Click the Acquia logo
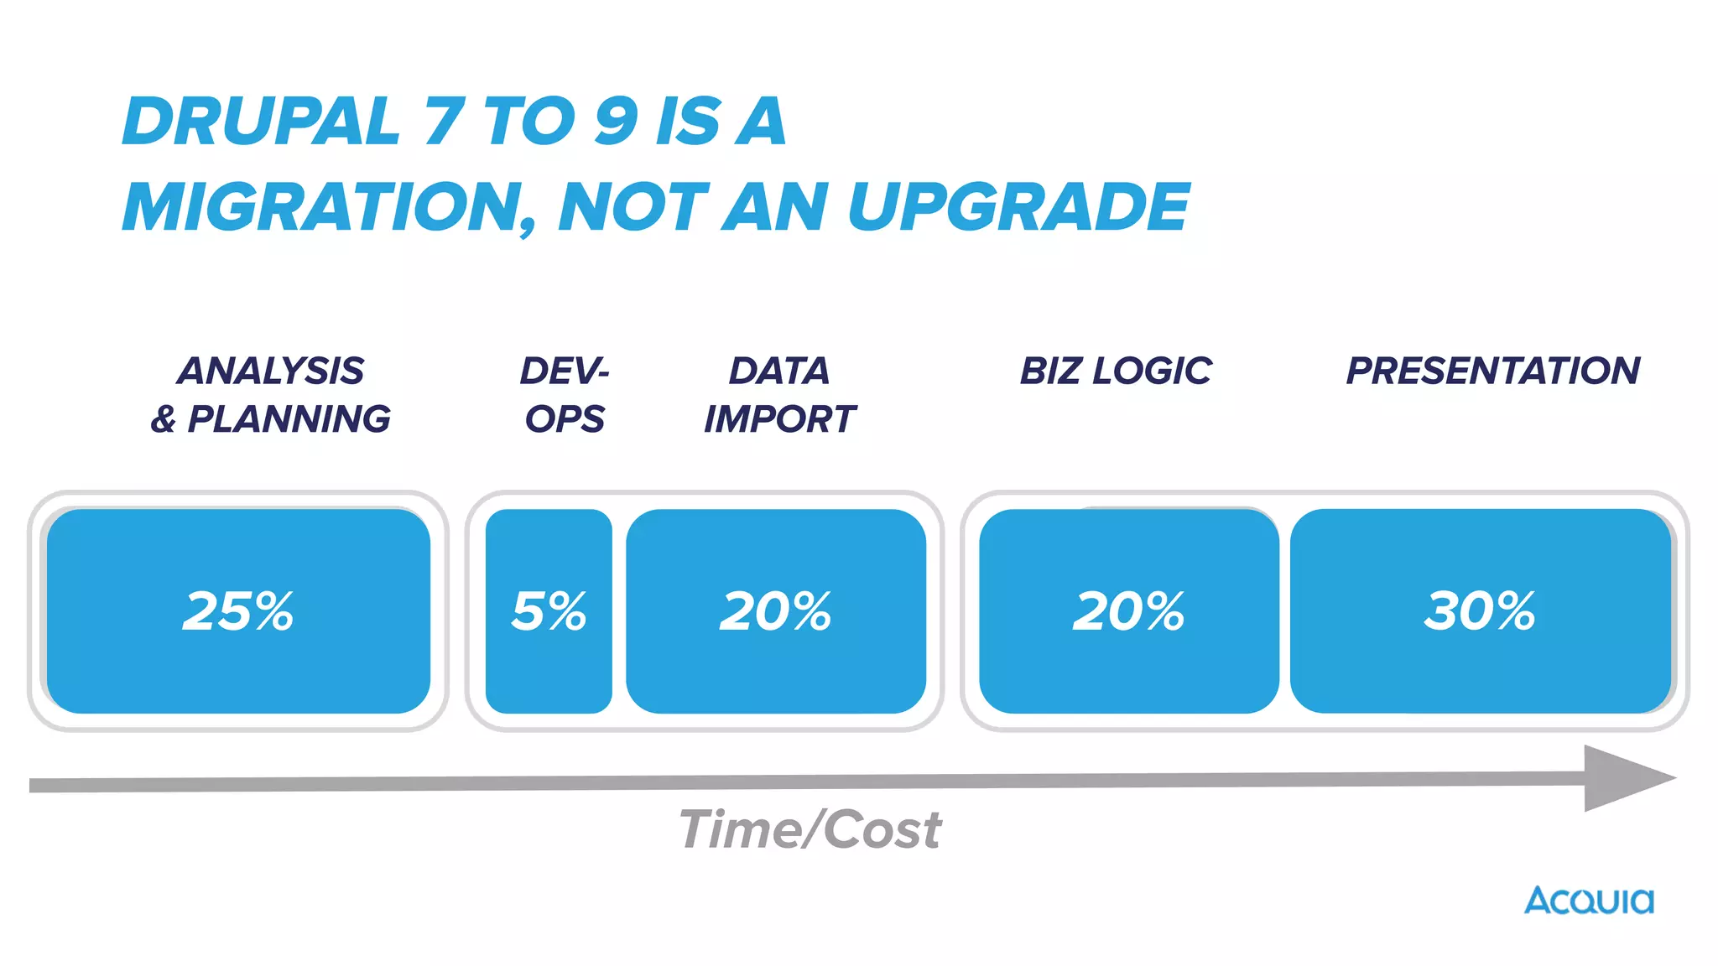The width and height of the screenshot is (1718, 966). coord(1589,901)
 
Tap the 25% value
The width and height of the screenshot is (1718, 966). coord(238,610)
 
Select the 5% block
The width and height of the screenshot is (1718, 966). coord(549,610)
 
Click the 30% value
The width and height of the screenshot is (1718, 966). coord(1480,610)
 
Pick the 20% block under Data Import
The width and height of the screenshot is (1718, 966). coord(776,610)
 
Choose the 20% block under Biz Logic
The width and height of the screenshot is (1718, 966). coord(1128,610)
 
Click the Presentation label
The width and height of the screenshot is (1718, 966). coord(1493,371)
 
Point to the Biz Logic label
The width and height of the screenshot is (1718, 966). coord(1116,371)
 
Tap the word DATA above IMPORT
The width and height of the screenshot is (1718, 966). coord(779,371)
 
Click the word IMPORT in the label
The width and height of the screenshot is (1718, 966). coord(779,418)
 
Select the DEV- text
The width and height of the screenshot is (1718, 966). coord(564,371)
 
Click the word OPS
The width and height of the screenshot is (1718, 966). coord(565,418)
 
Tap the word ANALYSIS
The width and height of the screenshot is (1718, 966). coord(271,371)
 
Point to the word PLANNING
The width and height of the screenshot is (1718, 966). coord(289,418)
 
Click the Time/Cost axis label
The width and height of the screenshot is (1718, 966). coord(810,830)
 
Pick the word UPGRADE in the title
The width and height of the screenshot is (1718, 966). coord(1018,207)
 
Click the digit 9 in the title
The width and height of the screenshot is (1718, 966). coord(617,122)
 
